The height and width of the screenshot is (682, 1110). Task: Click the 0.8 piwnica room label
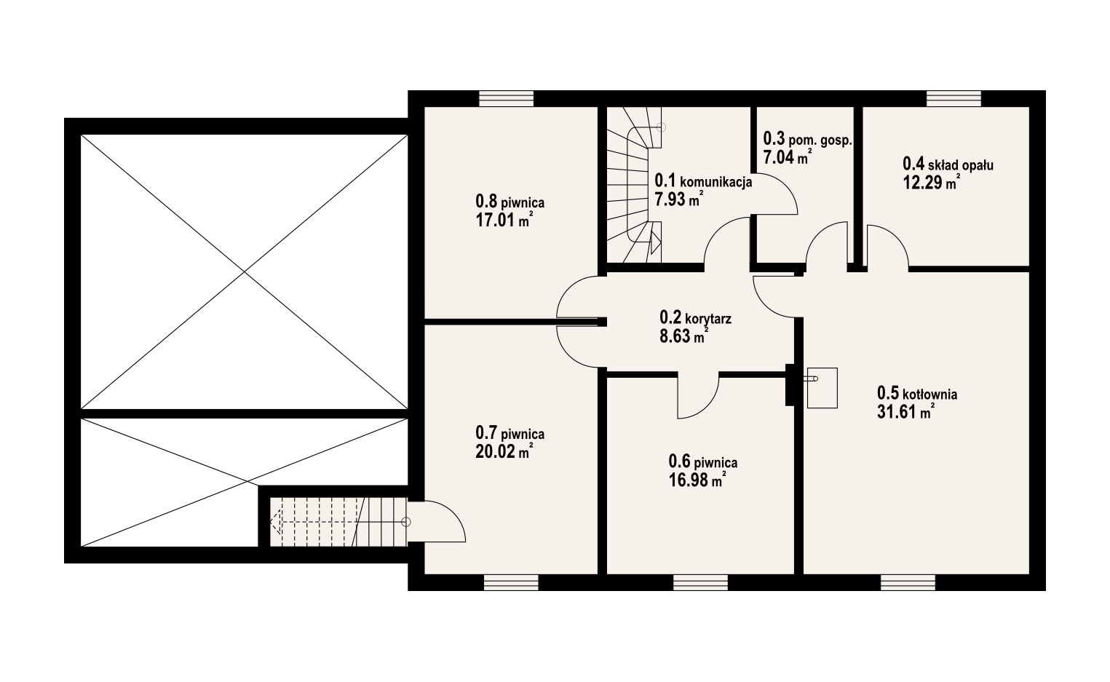510,202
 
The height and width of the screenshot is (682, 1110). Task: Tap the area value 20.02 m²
504,451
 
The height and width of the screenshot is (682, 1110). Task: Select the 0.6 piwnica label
702,462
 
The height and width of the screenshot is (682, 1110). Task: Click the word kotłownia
929,394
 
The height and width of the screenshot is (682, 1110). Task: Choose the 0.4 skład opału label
948,164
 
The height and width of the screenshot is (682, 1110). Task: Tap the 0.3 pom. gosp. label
808,139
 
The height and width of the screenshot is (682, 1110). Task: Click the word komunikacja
716,181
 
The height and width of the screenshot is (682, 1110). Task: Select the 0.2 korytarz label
695,317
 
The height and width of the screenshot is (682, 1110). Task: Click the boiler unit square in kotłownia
822,388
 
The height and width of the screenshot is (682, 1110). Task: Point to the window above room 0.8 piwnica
506,98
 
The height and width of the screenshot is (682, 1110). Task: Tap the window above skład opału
954,98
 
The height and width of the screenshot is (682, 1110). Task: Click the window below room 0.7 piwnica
511,582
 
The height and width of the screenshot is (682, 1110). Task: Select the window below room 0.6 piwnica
701,582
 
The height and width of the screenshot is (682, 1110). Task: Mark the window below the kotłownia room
908,582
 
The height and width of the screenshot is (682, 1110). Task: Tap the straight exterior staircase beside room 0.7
338,521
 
